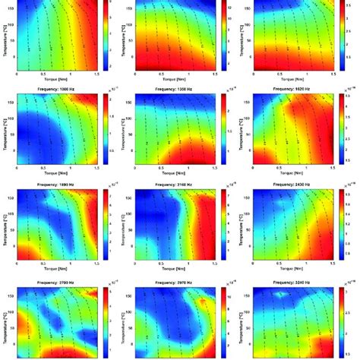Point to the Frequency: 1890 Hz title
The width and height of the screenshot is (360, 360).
click(x=58, y=184)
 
